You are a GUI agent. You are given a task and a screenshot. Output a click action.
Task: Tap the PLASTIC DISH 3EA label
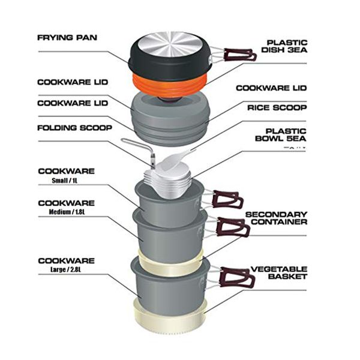pyautogui.click(x=286, y=47)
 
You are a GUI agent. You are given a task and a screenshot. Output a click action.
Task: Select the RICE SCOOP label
pyautogui.click(x=278, y=108)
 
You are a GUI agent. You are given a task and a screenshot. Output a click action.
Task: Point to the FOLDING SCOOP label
pyautogui.click(x=73, y=128)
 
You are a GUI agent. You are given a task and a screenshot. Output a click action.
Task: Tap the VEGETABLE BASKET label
pyautogui.click(x=279, y=273)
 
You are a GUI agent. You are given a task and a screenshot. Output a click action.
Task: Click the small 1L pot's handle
pyautogui.click(x=229, y=199)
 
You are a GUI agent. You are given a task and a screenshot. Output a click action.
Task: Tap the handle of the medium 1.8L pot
pyautogui.click(x=235, y=226)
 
